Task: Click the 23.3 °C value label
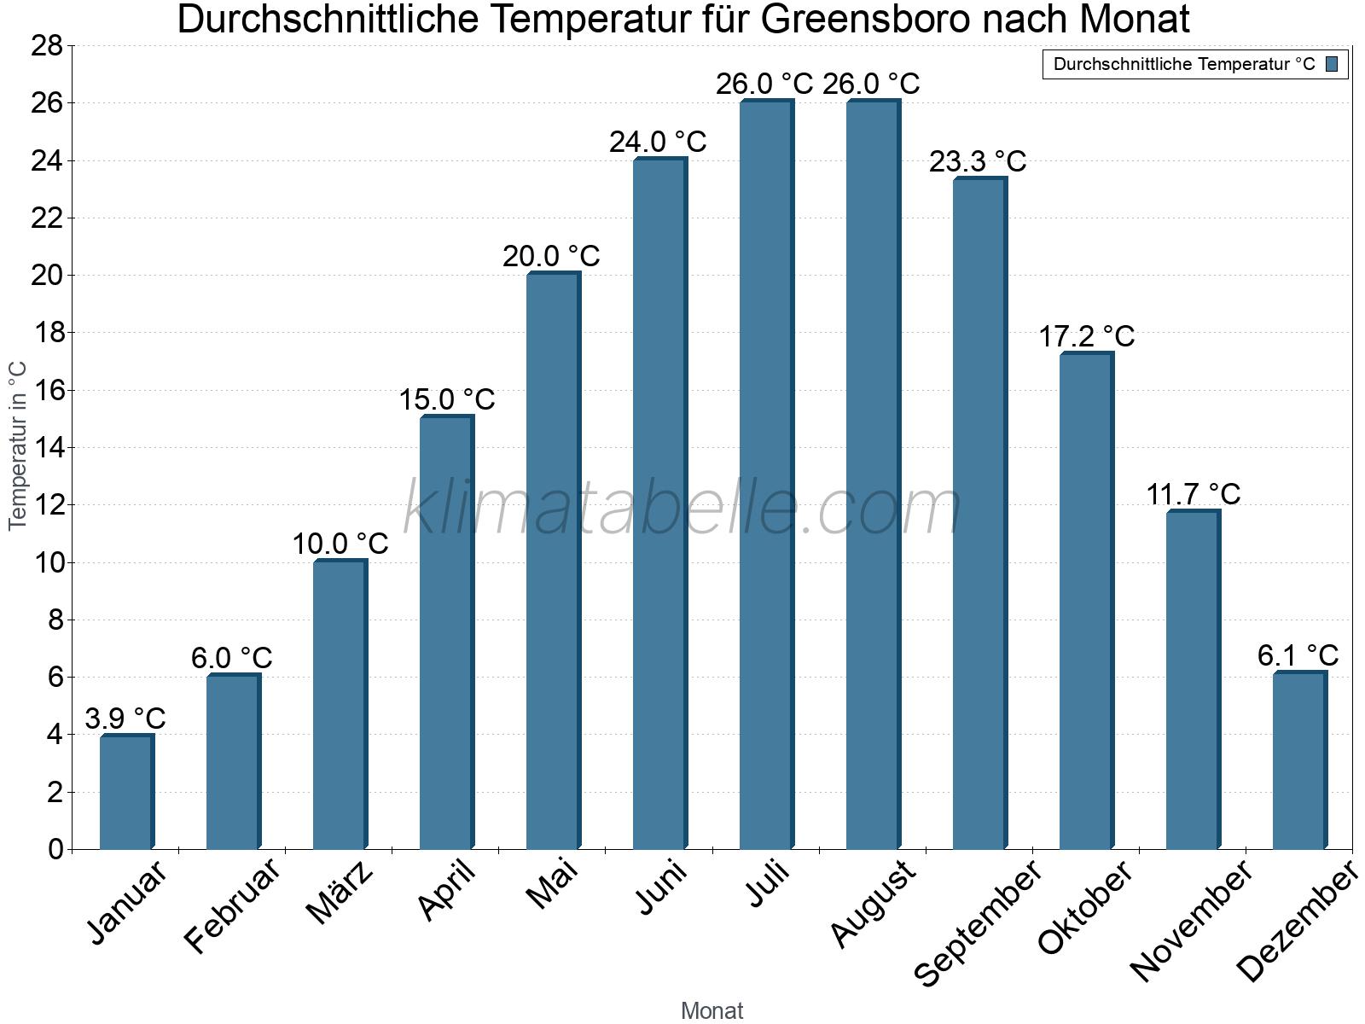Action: (978, 161)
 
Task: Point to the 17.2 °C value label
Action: (1086, 336)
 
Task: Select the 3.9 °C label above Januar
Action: (125, 719)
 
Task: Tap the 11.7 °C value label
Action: (1193, 494)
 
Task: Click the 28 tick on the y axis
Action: (47, 45)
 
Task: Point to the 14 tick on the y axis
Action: (47, 447)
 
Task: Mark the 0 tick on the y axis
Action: (55, 849)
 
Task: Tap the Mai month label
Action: (553, 884)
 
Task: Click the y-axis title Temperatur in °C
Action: (18, 445)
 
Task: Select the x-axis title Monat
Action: (712, 1010)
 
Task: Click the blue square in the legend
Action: (1331, 64)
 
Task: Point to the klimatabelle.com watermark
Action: (682, 508)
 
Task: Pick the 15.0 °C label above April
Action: (446, 399)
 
